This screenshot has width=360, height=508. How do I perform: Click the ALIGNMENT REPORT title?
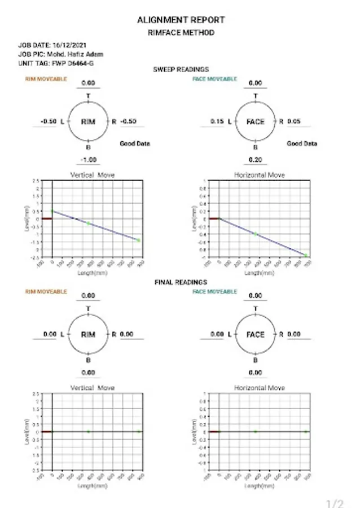181,20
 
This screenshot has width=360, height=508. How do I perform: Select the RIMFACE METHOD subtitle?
181,33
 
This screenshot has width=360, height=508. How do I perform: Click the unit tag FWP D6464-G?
71,64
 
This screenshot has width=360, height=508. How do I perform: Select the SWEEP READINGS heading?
181,69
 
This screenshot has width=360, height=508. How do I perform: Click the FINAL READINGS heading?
181,282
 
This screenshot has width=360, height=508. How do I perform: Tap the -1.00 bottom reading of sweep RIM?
89,160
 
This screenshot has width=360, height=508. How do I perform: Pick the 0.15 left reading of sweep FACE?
217,121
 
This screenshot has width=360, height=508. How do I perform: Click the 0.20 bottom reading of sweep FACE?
256,160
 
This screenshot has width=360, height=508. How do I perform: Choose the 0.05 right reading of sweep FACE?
293,121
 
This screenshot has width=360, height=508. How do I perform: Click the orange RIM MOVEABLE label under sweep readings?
46,79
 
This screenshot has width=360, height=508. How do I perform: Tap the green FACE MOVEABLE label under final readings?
214,292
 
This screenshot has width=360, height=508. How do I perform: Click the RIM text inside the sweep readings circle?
88,122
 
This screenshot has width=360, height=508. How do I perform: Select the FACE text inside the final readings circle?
256,334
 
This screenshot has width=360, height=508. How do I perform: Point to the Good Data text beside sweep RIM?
135,144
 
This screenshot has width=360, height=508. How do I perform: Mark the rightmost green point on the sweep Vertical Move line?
138,240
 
